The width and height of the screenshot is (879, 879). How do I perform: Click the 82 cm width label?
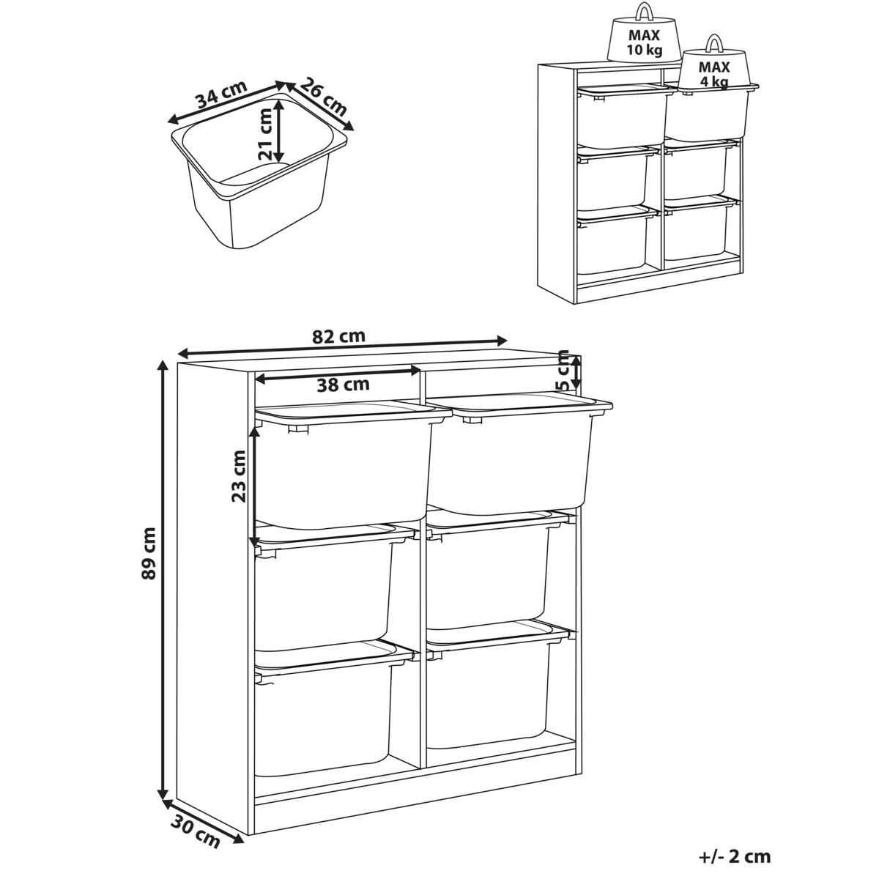tap(338, 336)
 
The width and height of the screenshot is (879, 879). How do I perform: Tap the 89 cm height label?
tap(149, 554)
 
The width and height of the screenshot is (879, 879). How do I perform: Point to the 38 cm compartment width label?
tap(343, 385)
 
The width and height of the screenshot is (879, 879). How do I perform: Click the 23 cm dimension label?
tap(239, 476)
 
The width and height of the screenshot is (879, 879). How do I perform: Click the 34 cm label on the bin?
tap(222, 94)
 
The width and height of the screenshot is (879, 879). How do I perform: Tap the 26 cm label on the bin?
tap(324, 97)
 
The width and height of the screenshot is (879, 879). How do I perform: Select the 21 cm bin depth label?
tap(264, 135)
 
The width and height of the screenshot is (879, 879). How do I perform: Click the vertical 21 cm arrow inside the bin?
tap(280, 131)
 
